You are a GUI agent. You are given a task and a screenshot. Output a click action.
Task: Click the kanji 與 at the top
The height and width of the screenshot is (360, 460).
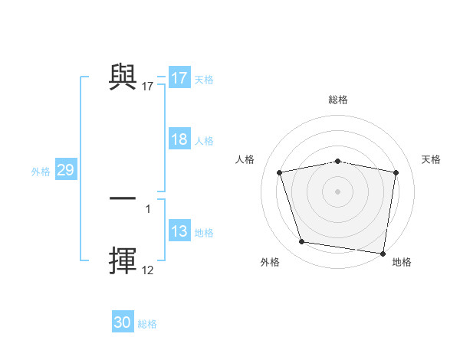pos(123,77)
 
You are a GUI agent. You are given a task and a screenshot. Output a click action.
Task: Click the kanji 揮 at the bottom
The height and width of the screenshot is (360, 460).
pos(123,260)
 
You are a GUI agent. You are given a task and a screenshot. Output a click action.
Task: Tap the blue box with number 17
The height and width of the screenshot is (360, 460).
pos(179,78)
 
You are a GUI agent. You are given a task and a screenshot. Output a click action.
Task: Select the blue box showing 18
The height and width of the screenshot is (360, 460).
pos(179,139)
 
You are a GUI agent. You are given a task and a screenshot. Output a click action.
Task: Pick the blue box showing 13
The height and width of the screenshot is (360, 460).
pos(179,232)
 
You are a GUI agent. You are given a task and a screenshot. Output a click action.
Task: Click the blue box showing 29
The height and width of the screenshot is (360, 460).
pos(65,170)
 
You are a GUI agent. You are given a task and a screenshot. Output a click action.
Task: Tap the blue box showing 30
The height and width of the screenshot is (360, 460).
pos(123,322)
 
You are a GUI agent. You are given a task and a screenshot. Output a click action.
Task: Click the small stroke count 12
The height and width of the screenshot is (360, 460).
pos(148,270)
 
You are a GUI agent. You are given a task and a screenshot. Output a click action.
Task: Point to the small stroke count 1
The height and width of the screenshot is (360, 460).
pos(148,208)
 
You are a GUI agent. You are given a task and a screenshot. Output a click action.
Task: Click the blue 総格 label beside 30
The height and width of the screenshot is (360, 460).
pos(147,324)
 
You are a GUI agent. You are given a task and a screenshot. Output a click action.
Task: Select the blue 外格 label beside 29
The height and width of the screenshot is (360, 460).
pos(41,172)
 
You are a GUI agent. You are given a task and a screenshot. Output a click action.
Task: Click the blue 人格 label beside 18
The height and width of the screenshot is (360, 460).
pos(204,141)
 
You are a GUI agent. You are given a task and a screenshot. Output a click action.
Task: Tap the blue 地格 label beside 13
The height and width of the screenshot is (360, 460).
pos(204,233)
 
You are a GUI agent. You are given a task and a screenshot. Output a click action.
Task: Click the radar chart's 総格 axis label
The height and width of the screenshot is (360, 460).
pos(337,100)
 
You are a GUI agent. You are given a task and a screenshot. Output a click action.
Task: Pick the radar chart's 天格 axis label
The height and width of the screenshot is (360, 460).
pos(432,159)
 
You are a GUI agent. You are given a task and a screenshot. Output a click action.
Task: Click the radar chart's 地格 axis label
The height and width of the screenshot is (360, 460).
pos(402,262)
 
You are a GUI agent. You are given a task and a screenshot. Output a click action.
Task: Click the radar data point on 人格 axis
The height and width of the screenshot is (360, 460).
pos(280,172)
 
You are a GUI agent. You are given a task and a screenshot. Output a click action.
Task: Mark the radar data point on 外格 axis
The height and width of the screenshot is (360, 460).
pos(302,242)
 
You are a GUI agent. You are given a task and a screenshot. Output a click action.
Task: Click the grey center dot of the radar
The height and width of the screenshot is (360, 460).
pos(337,191)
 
